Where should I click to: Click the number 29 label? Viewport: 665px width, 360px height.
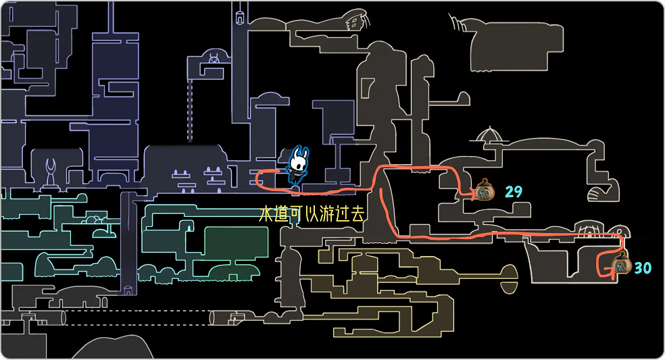click(x=514, y=192)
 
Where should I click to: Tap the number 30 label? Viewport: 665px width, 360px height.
click(x=642, y=268)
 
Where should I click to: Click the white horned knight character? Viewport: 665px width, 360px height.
click(x=297, y=164)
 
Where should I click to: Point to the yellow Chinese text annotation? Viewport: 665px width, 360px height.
click(x=312, y=215)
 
